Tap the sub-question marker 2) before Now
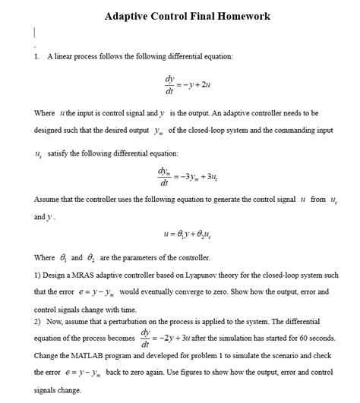click(x=39, y=321)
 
